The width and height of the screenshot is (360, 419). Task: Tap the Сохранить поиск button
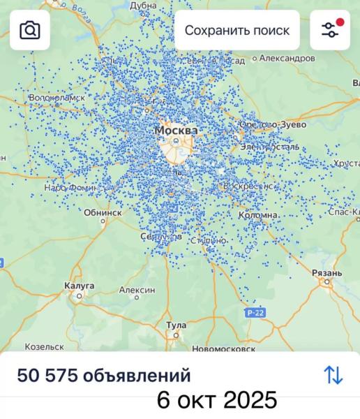(237, 30)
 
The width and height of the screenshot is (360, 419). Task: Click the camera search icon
(30, 30)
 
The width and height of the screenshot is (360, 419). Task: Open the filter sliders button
(329, 30)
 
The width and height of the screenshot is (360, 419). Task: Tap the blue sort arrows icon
(333, 375)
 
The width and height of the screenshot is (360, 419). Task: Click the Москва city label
(176, 131)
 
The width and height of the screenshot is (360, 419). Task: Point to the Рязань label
(327, 272)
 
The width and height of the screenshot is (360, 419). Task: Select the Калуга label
(79, 285)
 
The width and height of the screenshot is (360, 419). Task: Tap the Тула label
(177, 325)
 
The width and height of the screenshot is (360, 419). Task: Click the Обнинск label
(103, 212)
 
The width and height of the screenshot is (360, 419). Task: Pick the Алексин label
(137, 290)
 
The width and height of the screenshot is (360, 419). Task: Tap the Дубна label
(144, 5)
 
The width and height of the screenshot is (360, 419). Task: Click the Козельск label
(44, 346)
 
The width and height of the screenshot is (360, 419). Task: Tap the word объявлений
(137, 376)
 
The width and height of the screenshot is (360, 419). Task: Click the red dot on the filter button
(340, 22)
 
